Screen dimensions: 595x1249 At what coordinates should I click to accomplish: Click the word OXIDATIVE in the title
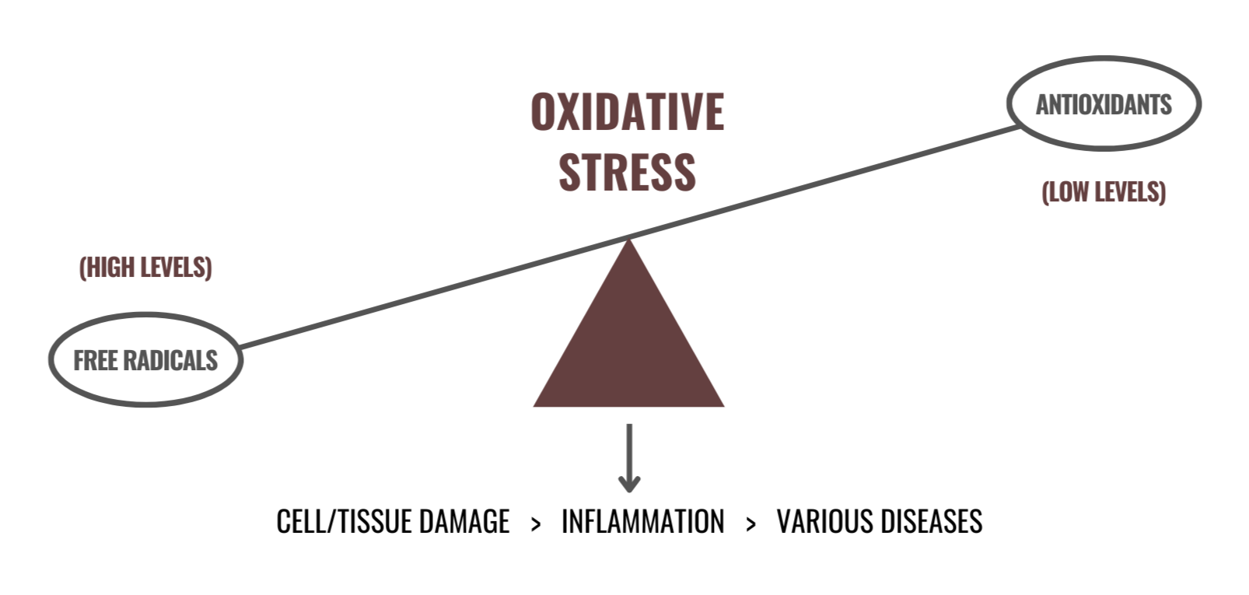(x=627, y=111)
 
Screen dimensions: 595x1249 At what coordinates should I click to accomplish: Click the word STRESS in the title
(x=627, y=172)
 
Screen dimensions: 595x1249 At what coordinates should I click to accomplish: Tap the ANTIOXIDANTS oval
(x=1104, y=103)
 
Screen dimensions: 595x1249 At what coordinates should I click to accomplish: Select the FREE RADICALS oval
(x=145, y=360)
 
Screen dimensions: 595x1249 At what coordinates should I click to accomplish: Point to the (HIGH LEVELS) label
(x=145, y=268)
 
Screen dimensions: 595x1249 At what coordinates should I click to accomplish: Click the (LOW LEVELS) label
(x=1104, y=192)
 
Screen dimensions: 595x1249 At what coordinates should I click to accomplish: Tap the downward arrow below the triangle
(x=629, y=459)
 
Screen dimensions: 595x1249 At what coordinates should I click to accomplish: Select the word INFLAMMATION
(x=642, y=522)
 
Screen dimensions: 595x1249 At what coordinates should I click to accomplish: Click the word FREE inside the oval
(x=95, y=360)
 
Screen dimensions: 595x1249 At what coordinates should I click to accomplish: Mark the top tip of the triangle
(x=628, y=243)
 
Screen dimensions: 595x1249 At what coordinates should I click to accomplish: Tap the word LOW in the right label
(x=1071, y=192)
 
